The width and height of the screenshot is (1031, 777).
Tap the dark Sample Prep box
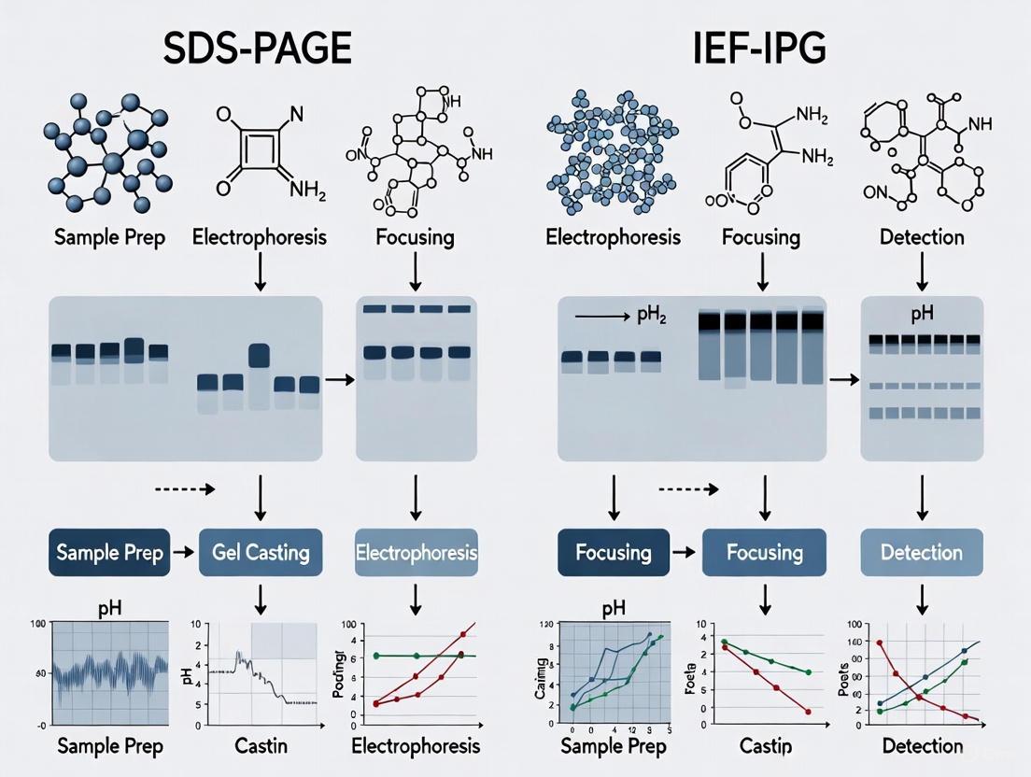point(109,552)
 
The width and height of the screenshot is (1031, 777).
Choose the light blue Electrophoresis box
point(417,552)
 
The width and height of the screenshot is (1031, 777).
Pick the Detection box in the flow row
point(921,552)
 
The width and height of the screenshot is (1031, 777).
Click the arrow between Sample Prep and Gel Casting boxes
point(184,552)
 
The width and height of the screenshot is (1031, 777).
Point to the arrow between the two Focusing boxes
point(685,552)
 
